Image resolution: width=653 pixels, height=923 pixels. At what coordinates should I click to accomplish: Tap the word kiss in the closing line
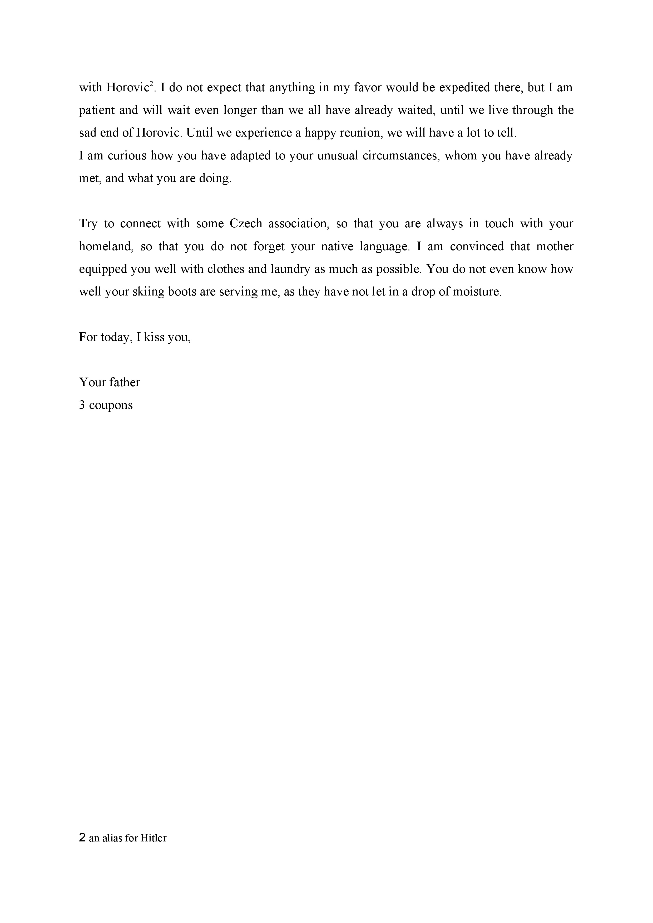[x=154, y=337]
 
